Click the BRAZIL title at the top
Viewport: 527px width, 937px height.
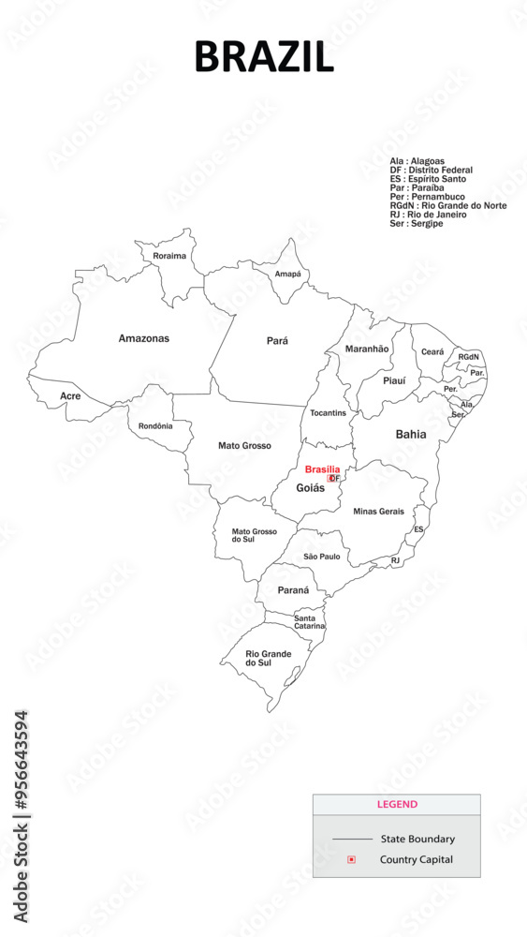(x=263, y=57)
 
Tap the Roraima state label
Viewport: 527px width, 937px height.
(x=169, y=256)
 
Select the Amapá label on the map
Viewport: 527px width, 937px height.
(x=288, y=274)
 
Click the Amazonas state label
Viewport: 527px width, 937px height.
(x=144, y=338)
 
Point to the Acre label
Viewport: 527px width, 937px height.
(x=70, y=396)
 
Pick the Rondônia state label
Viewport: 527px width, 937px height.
(x=155, y=426)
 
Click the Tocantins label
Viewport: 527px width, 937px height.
(x=328, y=413)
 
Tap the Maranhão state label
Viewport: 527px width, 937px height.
(x=367, y=349)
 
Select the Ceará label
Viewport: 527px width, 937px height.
(x=432, y=351)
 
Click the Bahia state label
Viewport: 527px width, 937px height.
(x=411, y=434)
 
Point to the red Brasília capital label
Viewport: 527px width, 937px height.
(x=322, y=469)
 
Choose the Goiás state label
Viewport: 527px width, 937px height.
(x=311, y=488)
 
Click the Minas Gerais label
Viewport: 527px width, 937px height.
(x=379, y=512)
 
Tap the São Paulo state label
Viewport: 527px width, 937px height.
(x=322, y=557)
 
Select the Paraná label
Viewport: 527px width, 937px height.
(x=293, y=590)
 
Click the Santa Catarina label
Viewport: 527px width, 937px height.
(x=310, y=622)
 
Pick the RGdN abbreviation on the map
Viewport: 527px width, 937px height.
(x=468, y=357)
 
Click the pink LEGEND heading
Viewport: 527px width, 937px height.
(x=397, y=804)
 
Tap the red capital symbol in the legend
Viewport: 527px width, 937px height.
(x=351, y=859)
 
